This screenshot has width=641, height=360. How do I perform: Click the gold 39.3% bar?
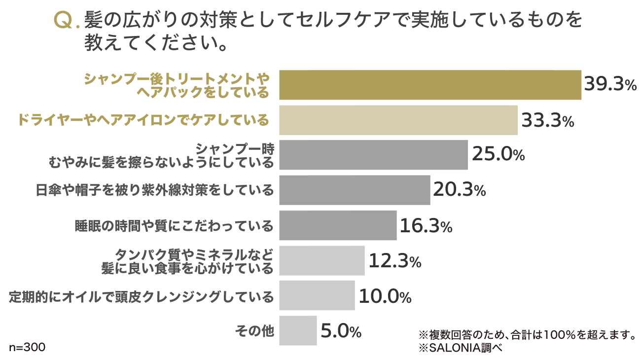tap(430, 85)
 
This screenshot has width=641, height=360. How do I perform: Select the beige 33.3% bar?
tap(398, 120)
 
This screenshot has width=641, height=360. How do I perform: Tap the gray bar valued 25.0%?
tap(373, 155)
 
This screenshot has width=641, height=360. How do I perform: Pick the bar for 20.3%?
tap(355, 190)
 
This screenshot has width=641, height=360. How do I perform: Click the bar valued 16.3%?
tap(338, 225)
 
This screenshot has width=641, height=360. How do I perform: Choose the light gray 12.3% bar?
tap(322, 260)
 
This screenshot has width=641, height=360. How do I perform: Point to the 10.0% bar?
tap(317, 295)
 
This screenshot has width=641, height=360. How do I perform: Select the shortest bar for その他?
tap(298, 330)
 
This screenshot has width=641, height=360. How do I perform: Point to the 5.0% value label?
tap(341, 331)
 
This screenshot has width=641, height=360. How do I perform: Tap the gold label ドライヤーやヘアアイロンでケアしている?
tap(143, 120)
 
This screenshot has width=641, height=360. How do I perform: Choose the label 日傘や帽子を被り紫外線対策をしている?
tap(155, 190)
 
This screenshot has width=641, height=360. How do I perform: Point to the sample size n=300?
tap(27, 347)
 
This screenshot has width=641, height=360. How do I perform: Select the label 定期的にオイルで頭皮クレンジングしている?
tap(142, 296)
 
